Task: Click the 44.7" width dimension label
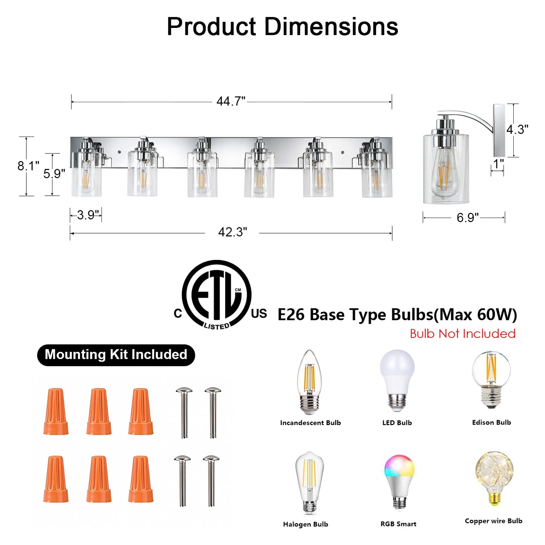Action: click(231, 101)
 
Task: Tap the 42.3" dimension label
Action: click(232, 232)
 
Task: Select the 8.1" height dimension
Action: click(28, 166)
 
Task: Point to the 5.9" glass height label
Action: click(54, 173)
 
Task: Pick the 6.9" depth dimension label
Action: click(468, 218)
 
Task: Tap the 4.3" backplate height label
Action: click(517, 129)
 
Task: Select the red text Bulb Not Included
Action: click(463, 334)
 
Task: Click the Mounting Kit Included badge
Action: click(116, 355)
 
